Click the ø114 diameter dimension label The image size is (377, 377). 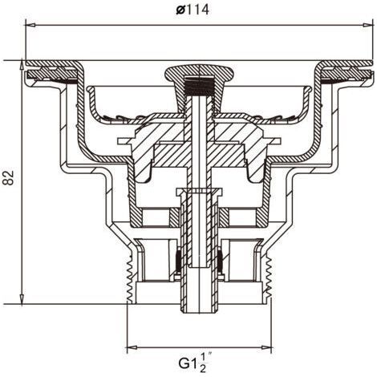click(x=193, y=10)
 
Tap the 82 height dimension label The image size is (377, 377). click(x=8, y=177)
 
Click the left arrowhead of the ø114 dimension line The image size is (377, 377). click(x=30, y=25)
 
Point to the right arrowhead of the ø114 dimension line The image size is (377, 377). click(x=367, y=25)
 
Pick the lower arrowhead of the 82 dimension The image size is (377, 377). click(x=22, y=299)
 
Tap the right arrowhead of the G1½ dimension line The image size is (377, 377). click(x=266, y=347)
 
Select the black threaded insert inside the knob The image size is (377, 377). click(x=199, y=86)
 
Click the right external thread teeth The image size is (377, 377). click(x=269, y=278)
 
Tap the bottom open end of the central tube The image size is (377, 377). click(x=199, y=311)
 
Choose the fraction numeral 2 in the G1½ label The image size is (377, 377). click(x=203, y=369)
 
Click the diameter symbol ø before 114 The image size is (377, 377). click(x=180, y=10)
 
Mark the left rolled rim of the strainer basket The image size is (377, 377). click(x=90, y=90)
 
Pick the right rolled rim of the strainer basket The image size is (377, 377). click(x=308, y=90)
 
